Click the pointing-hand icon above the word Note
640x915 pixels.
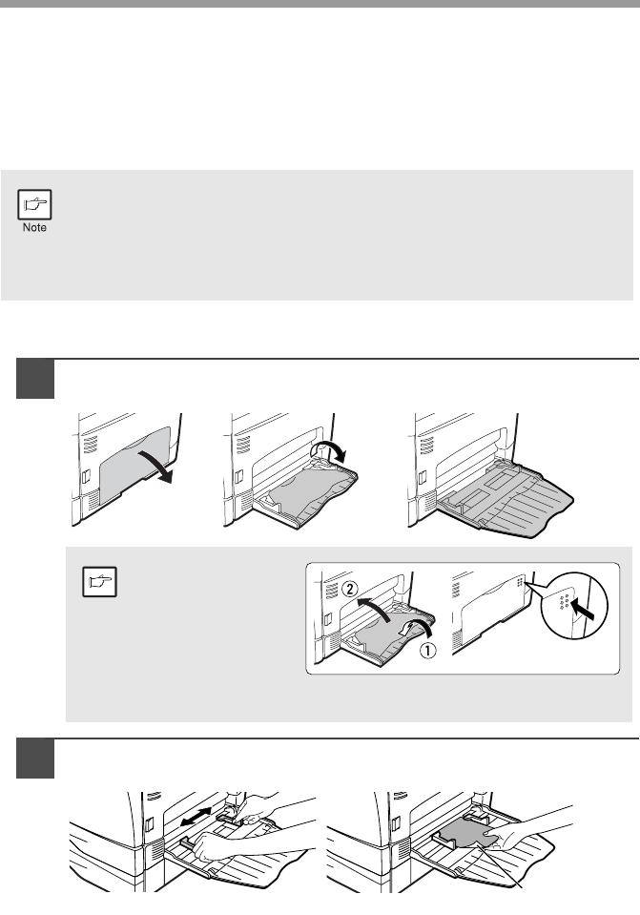pyautogui.click(x=34, y=204)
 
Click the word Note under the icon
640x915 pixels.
pyautogui.click(x=34, y=228)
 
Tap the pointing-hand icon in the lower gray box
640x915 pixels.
pyautogui.click(x=99, y=581)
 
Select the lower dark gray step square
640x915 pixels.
pyautogui.click(x=35, y=759)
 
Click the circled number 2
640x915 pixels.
pyautogui.click(x=349, y=589)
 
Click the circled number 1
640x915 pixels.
pyautogui.click(x=427, y=650)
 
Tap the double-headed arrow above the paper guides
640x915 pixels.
pyautogui.click(x=196, y=816)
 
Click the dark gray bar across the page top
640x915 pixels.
pyautogui.click(x=320, y=4)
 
